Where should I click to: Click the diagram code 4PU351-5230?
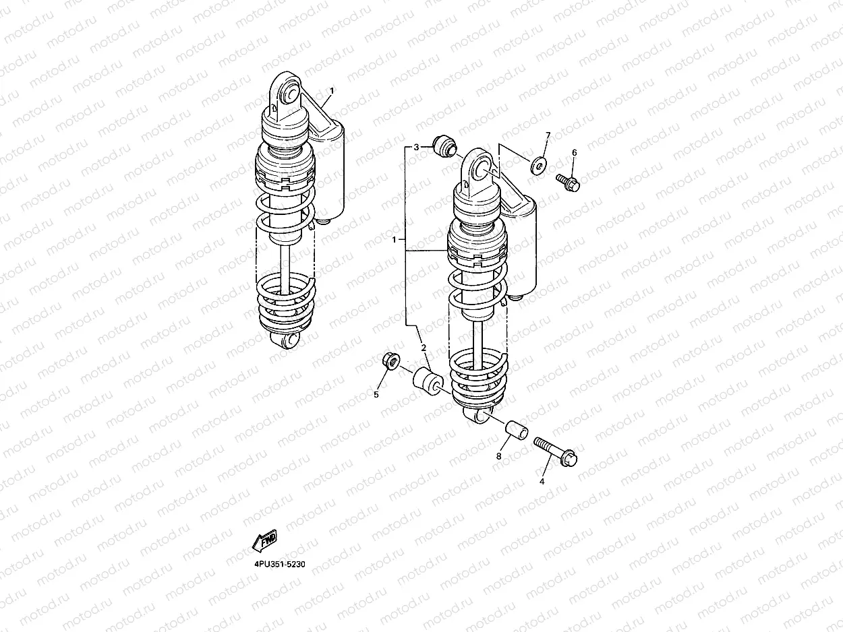tap(280, 564)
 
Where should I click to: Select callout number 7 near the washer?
tap(548, 135)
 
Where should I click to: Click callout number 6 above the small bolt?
tap(574, 153)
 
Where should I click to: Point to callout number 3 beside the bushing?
tap(416, 148)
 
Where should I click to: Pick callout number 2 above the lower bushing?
tap(424, 348)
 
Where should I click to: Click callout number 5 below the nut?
tap(376, 394)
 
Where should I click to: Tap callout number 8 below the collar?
tap(498, 456)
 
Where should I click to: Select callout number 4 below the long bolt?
tap(542, 481)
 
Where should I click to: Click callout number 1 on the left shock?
tap(332, 91)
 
